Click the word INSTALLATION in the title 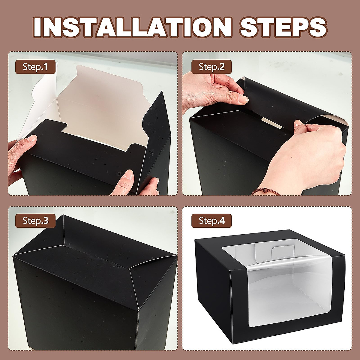(x=132, y=27)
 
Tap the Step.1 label (x=35, y=67)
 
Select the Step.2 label (x=211, y=67)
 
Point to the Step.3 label (x=35, y=221)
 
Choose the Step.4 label (x=211, y=221)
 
